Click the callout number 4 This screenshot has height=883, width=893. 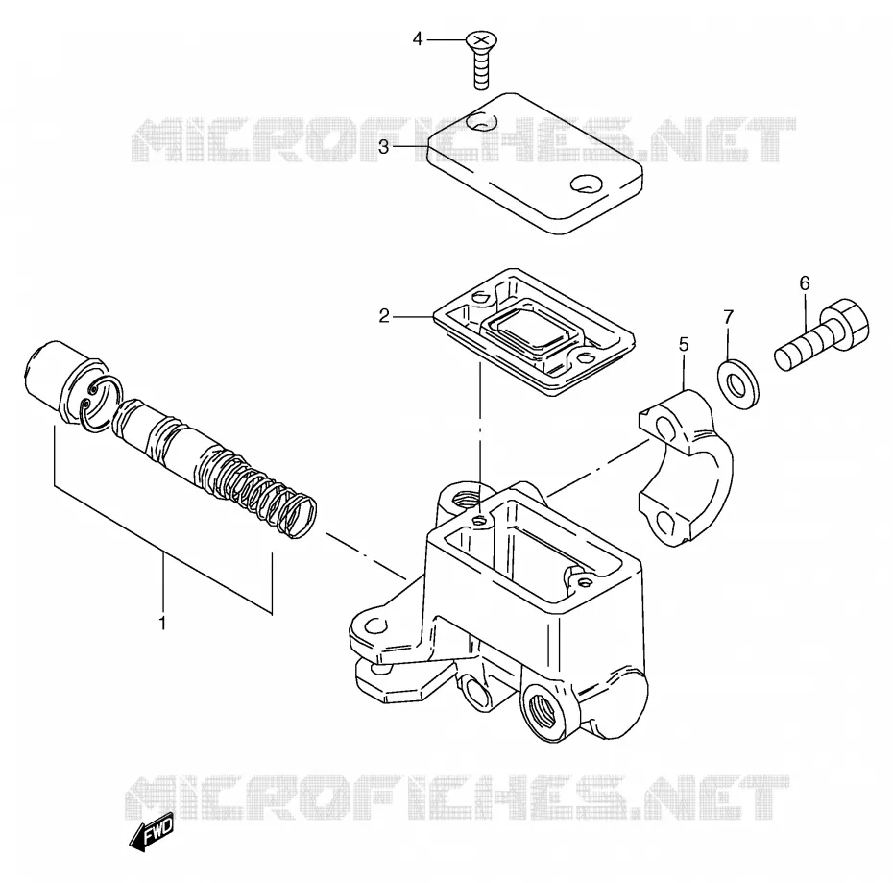418,39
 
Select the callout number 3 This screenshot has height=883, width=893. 383,147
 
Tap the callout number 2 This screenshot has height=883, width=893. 384,315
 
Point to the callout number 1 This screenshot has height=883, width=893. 162,623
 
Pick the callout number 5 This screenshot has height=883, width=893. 684,344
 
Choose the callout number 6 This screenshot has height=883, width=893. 804,282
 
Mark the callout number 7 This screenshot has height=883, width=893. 729,317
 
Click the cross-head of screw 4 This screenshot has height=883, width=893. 482,40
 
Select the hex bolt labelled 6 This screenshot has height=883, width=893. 822,334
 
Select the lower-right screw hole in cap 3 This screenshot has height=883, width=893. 586,184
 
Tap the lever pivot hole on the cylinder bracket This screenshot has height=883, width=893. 374,625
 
